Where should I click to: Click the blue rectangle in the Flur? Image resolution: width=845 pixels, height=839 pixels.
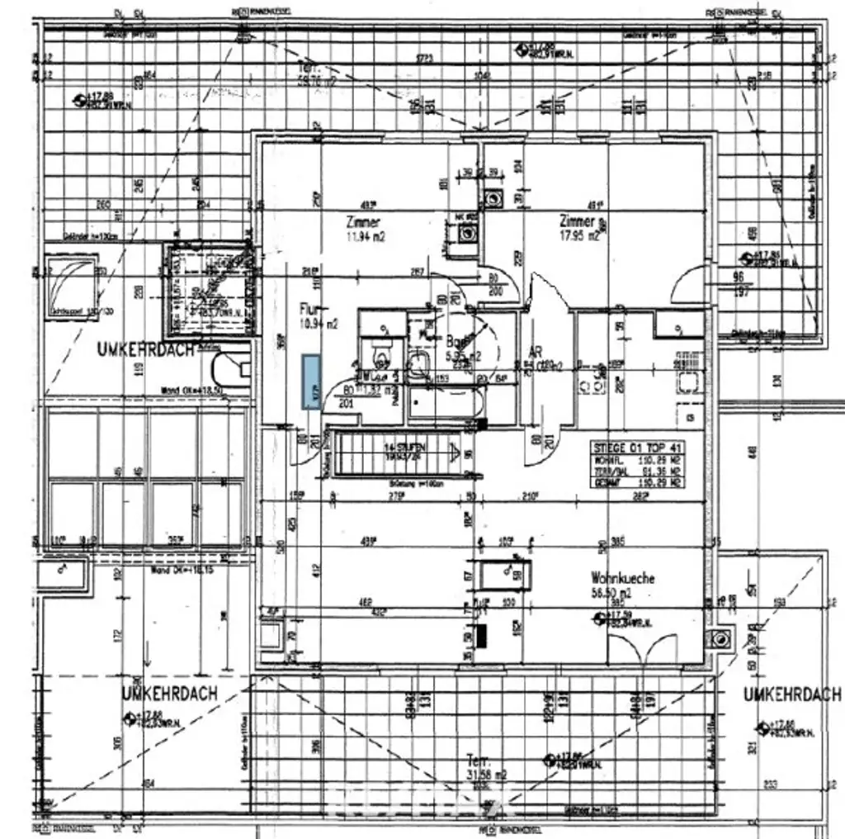point(312,382)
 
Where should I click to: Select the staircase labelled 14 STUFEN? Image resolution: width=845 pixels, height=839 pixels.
point(394,455)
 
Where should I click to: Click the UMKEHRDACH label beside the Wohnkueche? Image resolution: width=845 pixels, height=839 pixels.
point(792,694)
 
